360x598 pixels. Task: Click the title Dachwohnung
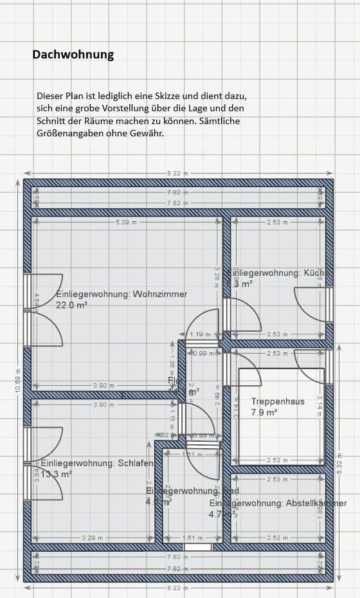[73, 55]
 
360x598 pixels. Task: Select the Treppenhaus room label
[278, 401]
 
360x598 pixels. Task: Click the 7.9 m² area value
[264, 412]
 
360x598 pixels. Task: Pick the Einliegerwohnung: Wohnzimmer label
[122, 294]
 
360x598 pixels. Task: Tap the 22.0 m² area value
[71, 305]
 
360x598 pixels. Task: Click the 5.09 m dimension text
[126, 222]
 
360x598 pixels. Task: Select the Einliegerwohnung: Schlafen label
[97, 463]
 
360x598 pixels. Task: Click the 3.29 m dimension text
[92, 537]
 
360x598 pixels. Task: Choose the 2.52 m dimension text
[278, 537]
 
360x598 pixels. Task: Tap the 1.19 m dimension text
[201, 334]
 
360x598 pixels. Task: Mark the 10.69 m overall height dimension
[18, 379]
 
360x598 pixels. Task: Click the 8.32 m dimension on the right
[339, 463]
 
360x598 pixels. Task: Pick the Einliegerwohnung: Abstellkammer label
[278, 503]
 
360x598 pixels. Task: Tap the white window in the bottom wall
[197, 547]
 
